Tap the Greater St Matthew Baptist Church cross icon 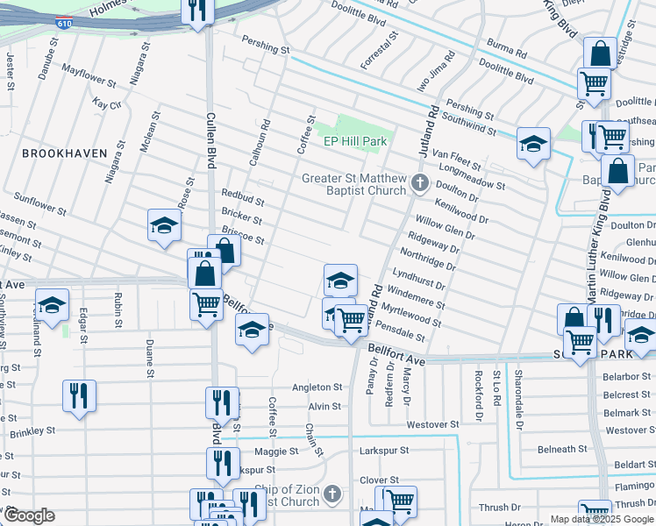(420, 183)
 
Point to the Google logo (28, 515)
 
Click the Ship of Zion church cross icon (332, 494)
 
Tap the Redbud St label (243, 197)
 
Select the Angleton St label (317, 387)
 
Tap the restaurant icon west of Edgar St (79, 395)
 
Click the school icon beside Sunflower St (164, 225)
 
